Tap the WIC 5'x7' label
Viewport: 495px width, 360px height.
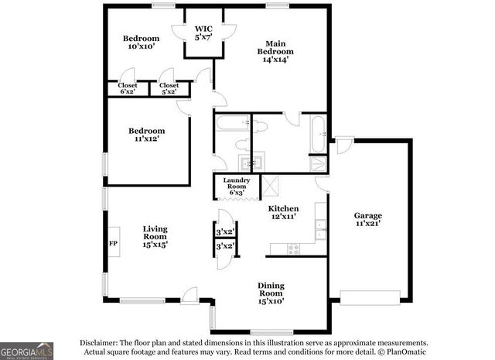click(x=203, y=33)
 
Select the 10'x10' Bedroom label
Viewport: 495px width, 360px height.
click(x=141, y=43)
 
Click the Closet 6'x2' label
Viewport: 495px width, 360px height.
click(x=127, y=88)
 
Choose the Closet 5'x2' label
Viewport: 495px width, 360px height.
click(x=168, y=88)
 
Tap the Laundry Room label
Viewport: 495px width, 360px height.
click(x=236, y=187)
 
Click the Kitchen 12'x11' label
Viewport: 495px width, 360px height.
click(x=283, y=213)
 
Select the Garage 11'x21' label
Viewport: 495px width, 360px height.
click(x=368, y=219)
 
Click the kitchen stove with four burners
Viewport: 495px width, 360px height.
click(x=294, y=249)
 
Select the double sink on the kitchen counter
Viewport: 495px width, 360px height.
click(x=320, y=229)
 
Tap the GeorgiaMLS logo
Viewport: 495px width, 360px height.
click(x=27, y=351)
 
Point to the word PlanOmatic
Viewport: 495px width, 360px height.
click(x=403, y=352)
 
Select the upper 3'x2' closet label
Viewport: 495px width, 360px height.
click(x=225, y=231)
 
